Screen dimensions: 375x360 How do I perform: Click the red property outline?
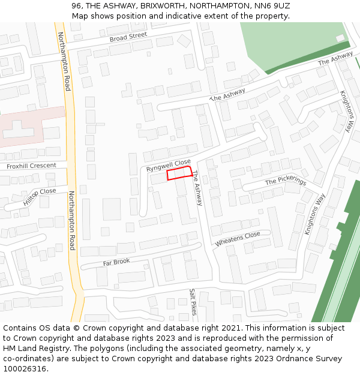point(179,174)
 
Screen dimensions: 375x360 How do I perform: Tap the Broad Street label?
point(128,37)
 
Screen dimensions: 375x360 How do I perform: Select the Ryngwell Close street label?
point(169,165)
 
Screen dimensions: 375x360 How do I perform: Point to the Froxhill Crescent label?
point(31,165)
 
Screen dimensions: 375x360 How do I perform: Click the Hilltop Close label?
point(40,197)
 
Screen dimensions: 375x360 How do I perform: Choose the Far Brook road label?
point(116,262)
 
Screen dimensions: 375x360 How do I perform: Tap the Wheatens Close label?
point(238,239)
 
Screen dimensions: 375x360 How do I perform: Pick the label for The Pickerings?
point(286,181)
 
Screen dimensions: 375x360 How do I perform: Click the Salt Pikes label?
point(193,302)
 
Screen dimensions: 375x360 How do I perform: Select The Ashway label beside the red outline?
point(197,188)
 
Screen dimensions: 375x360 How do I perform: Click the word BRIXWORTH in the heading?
point(163,6)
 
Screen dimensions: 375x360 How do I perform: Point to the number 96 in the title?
point(76,6)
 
